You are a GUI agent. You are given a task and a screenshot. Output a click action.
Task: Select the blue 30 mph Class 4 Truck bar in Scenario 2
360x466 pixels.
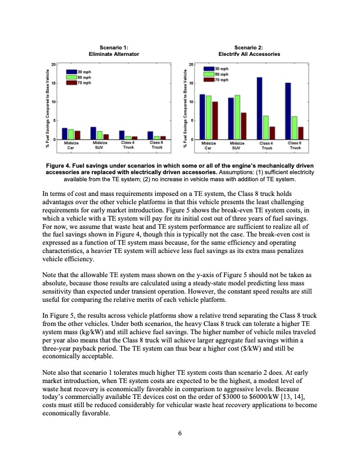259,108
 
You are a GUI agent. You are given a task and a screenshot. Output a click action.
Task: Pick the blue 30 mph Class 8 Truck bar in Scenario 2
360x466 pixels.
288,111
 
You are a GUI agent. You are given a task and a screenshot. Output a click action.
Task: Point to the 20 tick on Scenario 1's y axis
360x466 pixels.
54,64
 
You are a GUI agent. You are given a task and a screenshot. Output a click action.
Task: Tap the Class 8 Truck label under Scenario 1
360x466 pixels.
156,145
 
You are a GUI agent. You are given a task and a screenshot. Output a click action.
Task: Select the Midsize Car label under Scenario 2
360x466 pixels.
208,145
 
